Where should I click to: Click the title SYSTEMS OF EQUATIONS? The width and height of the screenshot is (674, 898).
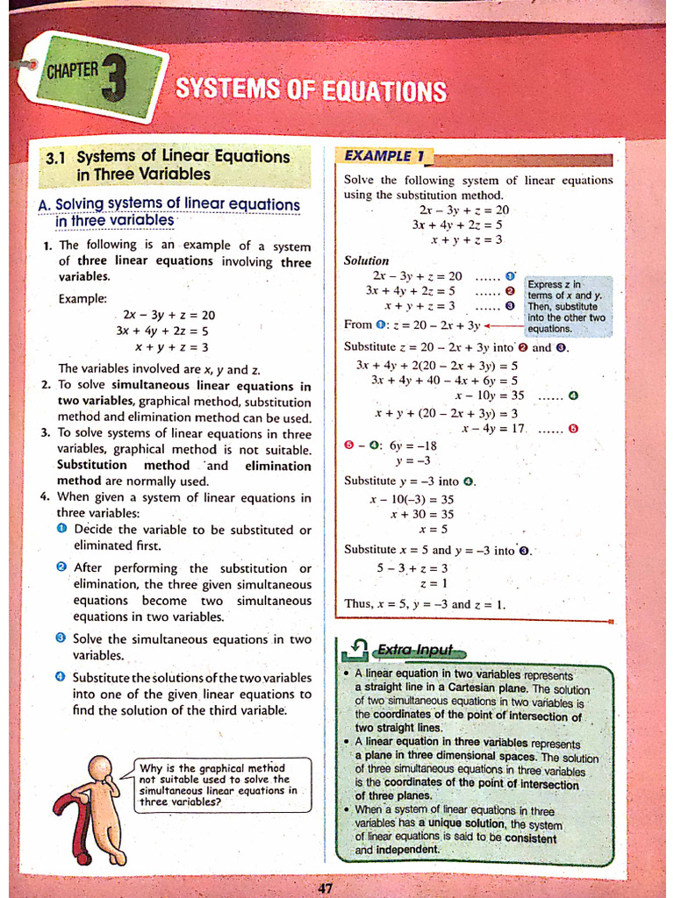pos(311,90)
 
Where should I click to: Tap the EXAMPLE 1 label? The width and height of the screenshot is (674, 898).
pos(384,156)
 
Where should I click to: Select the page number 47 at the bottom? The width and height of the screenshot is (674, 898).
pos(326,887)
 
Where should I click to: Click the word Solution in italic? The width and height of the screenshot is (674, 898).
pos(366,260)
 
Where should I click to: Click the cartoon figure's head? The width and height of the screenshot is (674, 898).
pos(100,769)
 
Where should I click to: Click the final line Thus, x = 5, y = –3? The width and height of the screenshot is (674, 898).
pos(425,604)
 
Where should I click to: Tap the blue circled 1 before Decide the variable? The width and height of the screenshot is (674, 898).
pos(61,529)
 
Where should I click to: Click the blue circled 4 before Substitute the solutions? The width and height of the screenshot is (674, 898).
pos(61,677)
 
